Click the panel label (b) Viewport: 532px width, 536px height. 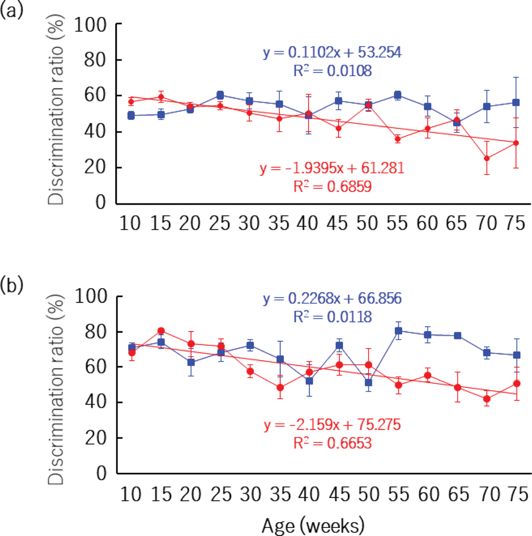pos(12,284)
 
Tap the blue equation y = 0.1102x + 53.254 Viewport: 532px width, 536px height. pos(332,52)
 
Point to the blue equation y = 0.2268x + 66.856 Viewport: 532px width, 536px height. pos(332,298)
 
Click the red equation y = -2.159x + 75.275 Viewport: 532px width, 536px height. pos(333,426)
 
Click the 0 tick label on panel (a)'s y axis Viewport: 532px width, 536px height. pos(100,204)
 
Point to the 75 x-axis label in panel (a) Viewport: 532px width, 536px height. pos(515,224)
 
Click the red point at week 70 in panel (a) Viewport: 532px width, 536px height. pos(486,158)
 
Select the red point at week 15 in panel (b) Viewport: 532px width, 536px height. pos(161,330)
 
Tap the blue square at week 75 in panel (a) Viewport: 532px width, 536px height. pos(516,102)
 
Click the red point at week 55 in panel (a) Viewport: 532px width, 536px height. pos(398,139)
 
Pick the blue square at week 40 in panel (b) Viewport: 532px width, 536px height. pos(309,381)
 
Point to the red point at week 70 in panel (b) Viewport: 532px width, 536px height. pos(486,398)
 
